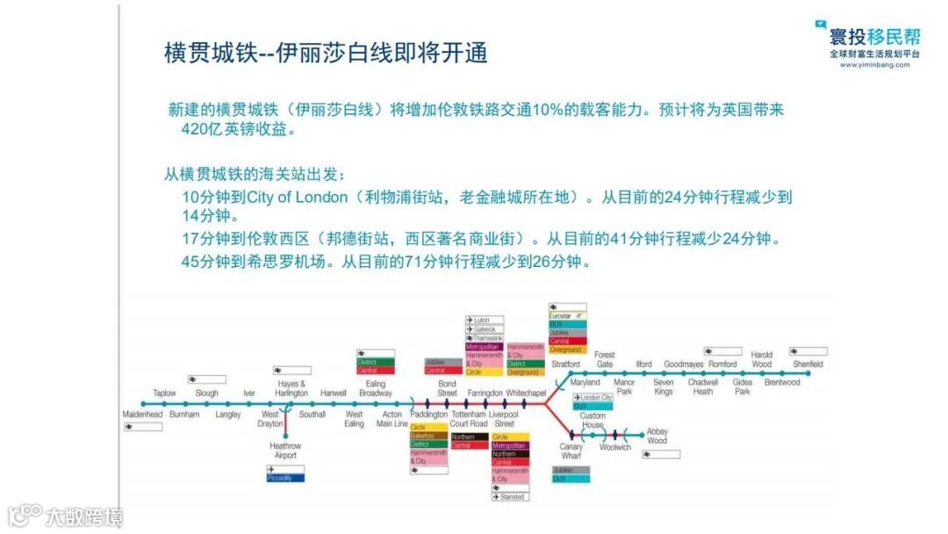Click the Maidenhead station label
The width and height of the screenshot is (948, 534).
click(x=142, y=414)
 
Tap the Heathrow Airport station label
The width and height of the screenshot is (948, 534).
click(x=284, y=451)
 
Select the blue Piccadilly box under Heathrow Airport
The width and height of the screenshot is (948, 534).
click(x=286, y=478)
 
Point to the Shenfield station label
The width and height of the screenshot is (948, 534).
click(x=808, y=364)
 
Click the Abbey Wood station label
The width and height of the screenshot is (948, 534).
click(x=657, y=437)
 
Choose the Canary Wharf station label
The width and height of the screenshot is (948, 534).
click(x=571, y=451)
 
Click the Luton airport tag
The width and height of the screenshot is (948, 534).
click(x=484, y=321)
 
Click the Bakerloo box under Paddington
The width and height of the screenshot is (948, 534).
click(x=428, y=436)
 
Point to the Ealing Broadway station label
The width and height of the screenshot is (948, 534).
click(x=376, y=388)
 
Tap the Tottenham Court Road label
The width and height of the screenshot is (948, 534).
click(x=469, y=418)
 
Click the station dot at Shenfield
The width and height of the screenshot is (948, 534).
click(x=808, y=373)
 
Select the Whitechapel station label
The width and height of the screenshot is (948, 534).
click(x=526, y=393)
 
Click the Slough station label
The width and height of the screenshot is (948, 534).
click(x=207, y=393)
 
